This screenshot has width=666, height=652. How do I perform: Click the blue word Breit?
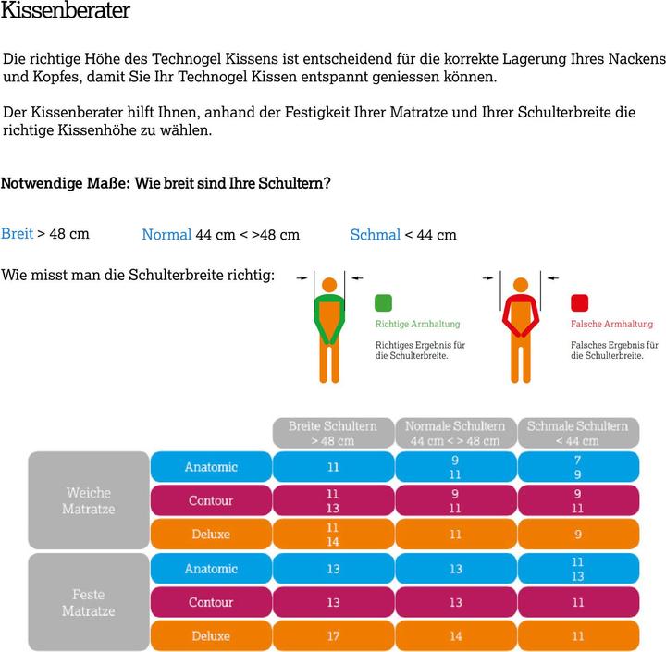[17, 233]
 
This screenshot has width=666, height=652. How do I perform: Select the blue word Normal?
[166, 235]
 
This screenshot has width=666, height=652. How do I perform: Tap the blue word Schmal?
[375, 235]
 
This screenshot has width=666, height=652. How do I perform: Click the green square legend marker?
[384, 302]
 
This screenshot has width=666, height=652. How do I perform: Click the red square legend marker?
[580, 302]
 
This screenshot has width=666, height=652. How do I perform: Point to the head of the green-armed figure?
[328, 285]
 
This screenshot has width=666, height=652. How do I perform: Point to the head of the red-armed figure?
[521, 285]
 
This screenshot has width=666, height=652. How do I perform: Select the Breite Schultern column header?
[333, 433]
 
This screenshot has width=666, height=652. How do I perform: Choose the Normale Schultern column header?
[455, 433]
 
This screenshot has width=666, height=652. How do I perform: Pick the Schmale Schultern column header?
[577, 433]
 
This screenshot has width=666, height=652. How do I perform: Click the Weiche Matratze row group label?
[89, 500]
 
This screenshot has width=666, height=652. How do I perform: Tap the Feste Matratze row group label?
[89, 602]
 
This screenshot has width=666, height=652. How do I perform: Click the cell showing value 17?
[333, 636]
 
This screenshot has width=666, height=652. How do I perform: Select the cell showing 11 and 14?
[333, 535]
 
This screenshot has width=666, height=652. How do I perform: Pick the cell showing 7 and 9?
[577, 467]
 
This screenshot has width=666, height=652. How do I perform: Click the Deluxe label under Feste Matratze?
[211, 636]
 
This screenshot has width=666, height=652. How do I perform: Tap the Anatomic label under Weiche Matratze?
[211, 467]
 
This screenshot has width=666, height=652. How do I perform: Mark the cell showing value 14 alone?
[455, 636]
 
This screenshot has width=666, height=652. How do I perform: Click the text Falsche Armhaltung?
[611, 324]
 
